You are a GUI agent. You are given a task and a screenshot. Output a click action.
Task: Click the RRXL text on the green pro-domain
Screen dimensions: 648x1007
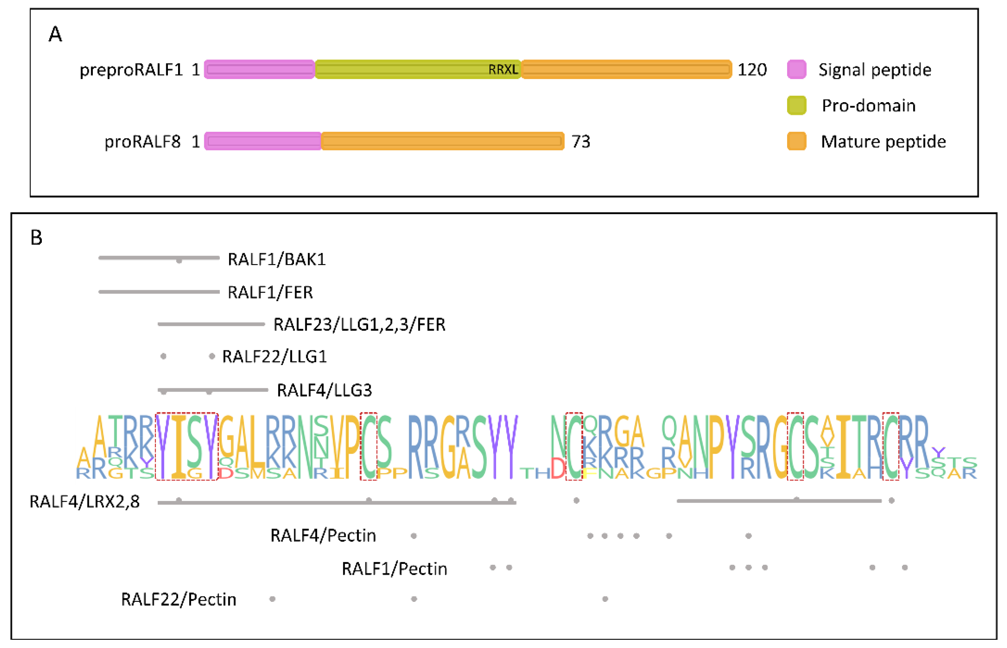pyautogui.click(x=503, y=70)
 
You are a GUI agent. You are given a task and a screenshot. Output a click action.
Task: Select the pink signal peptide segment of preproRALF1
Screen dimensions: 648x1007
pyautogui.click(x=259, y=70)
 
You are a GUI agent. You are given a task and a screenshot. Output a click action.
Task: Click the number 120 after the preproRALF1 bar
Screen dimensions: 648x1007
pyautogui.click(x=752, y=70)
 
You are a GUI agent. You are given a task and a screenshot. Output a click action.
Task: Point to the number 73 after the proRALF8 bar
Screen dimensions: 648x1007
pyautogui.click(x=581, y=142)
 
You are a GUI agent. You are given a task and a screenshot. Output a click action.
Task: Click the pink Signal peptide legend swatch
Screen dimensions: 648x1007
pyautogui.click(x=796, y=70)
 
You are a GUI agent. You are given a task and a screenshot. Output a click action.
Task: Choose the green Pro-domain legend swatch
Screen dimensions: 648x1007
pyautogui.click(x=796, y=105)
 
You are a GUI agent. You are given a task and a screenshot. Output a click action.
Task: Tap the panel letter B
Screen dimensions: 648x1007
pyautogui.click(x=37, y=238)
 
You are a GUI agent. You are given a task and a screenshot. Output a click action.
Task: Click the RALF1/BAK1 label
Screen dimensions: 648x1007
pyautogui.click(x=277, y=260)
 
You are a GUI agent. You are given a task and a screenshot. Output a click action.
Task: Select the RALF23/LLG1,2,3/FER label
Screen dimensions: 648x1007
pyautogui.click(x=359, y=325)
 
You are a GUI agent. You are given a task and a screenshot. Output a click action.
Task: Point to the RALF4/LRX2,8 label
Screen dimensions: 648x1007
pyautogui.click(x=84, y=502)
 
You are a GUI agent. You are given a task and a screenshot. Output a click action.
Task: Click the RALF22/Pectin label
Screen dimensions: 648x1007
pyautogui.click(x=178, y=599)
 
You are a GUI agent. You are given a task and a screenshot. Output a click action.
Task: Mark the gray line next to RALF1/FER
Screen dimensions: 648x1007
pyautogui.click(x=159, y=292)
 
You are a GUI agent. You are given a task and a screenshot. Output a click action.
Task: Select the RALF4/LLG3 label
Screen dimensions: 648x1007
pyautogui.click(x=324, y=390)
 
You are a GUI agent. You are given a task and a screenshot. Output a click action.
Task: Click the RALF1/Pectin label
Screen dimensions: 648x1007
pyautogui.click(x=394, y=569)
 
